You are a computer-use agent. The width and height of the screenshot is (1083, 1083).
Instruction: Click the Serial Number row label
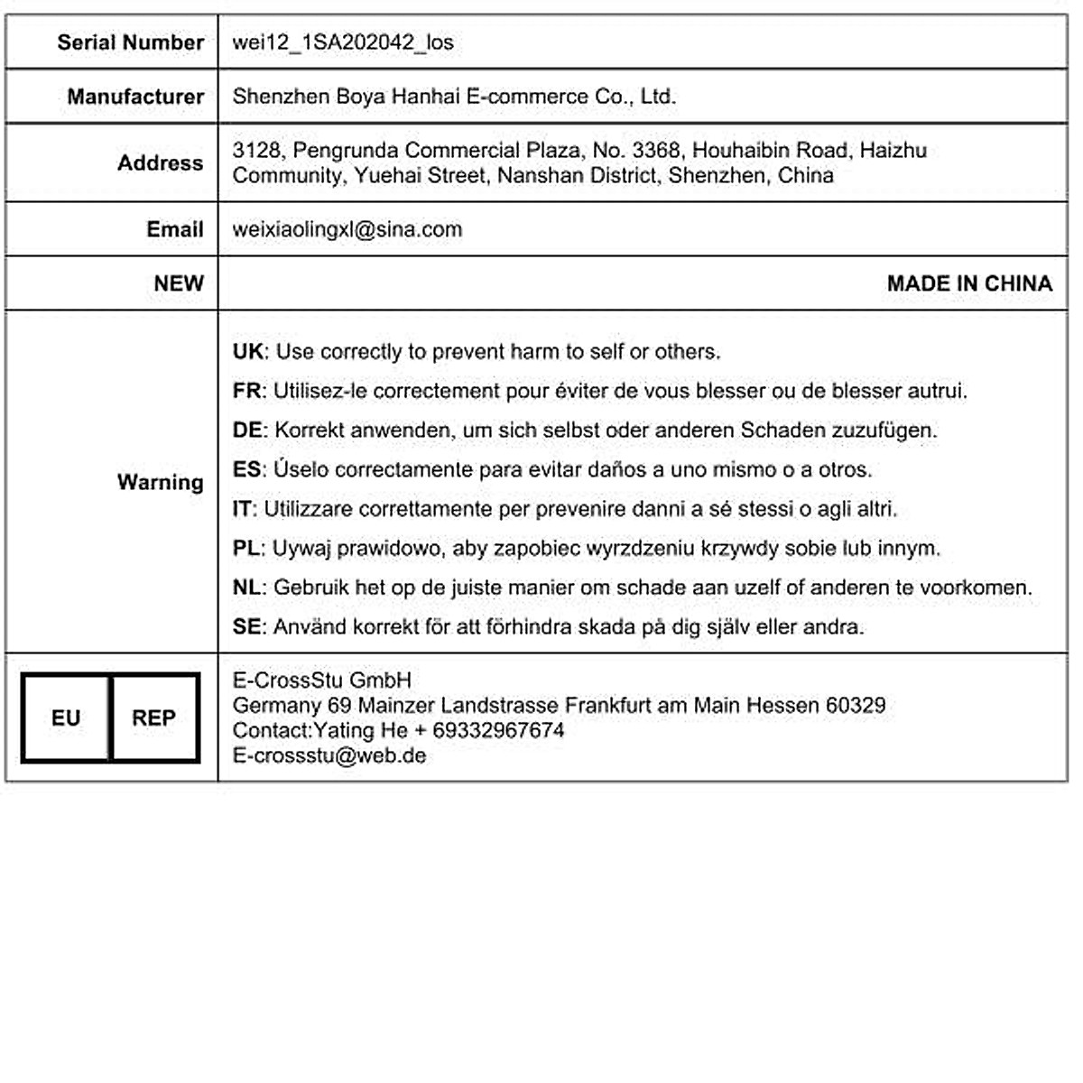pyautogui.click(x=130, y=42)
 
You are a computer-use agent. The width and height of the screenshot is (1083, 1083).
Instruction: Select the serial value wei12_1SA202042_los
pyautogui.click(x=343, y=42)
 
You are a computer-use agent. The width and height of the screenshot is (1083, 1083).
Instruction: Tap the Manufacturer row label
pyautogui.click(x=135, y=97)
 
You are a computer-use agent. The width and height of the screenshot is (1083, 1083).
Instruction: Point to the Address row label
pyautogui.click(x=160, y=163)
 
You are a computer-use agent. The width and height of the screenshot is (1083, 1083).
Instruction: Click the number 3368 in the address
pyautogui.click(x=656, y=150)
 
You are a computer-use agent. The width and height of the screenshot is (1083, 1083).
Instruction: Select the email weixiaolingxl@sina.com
pyautogui.click(x=347, y=229)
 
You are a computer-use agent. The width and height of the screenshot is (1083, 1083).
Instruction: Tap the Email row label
pyautogui.click(x=175, y=229)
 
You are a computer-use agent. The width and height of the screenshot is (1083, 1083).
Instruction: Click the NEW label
pyautogui.click(x=179, y=283)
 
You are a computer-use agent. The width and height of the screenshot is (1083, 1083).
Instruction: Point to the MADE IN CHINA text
pyautogui.click(x=969, y=283)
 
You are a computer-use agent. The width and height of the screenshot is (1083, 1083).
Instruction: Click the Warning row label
pyautogui.click(x=160, y=482)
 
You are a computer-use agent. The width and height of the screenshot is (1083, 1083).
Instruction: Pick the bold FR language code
pyautogui.click(x=246, y=391)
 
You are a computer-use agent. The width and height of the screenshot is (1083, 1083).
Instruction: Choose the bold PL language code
pyautogui.click(x=246, y=548)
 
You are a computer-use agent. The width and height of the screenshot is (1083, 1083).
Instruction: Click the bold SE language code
pyautogui.click(x=246, y=626)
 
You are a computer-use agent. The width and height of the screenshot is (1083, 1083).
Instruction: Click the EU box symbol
pyautogui.click(x=66, y=718)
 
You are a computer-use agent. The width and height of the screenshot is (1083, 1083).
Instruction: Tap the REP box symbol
pyautogui.click(x=153, y=718)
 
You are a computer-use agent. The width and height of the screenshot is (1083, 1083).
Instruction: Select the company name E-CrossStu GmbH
pyautogui.click(x=322, y=680)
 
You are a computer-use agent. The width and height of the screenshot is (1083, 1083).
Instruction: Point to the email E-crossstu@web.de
pyautogui.click(x=329, y=755)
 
